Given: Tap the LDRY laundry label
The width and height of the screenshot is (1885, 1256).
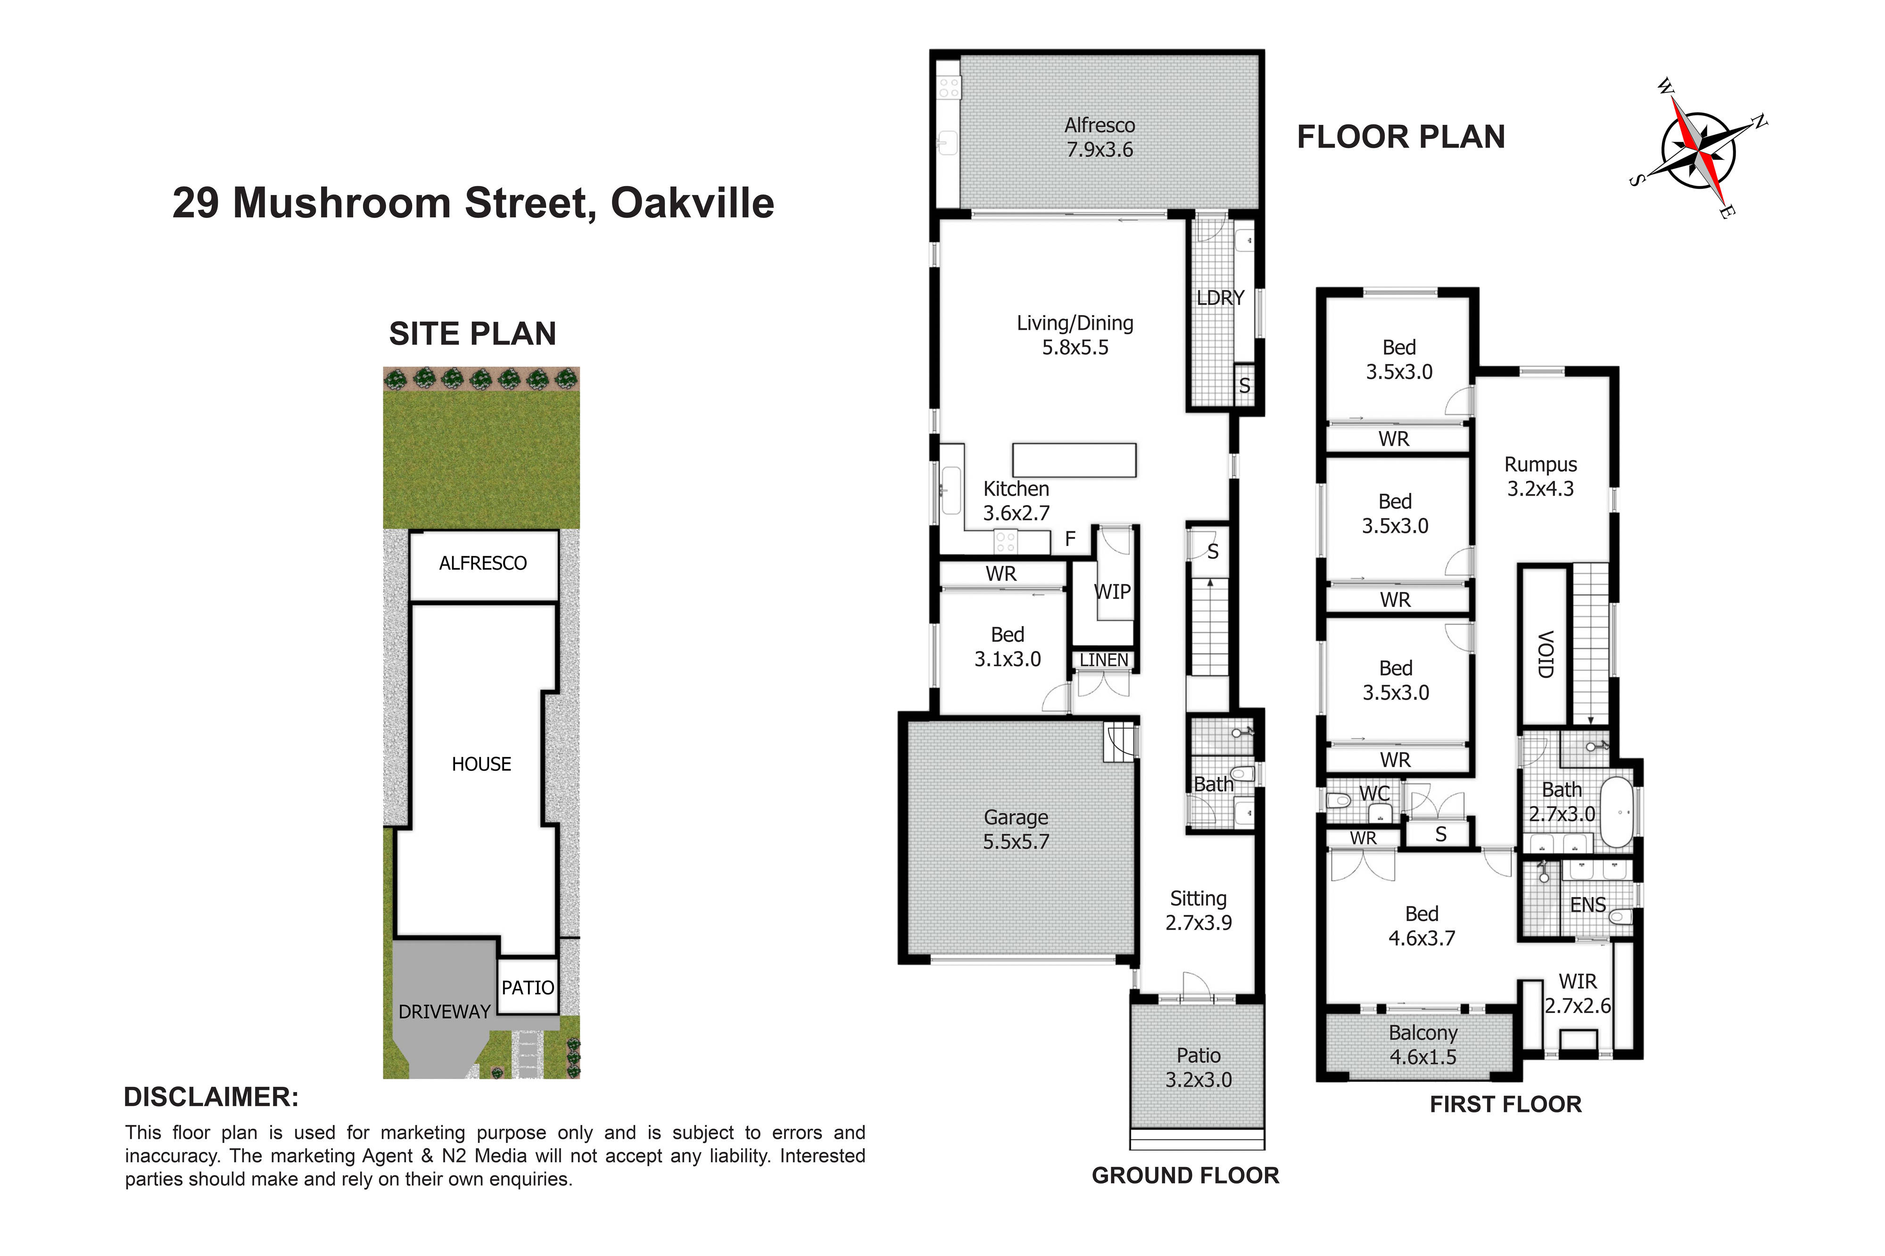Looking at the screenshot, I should pyautogui.click(x=1220, y=298).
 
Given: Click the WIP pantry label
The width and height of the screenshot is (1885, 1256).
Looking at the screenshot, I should pyautogui.click(x=1112, y=592).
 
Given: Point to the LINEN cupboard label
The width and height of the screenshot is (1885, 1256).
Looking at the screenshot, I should pyautogui.click(x=1104, y=660).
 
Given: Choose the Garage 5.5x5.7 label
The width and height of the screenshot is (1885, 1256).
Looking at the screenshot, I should pyautogui.click(x=1016, y=829).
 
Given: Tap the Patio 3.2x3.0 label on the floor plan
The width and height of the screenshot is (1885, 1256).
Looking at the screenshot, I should pyautogui.click(x=1198, y=1067).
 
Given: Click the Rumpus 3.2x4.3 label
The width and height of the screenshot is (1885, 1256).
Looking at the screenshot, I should pyautogui.click(x=1540, y=477).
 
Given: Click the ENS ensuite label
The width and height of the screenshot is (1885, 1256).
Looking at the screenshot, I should pyautogui.click(x=1587, y=905).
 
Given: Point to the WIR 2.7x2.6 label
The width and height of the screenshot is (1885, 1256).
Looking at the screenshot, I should pyautogui.click(x=1577, y=993).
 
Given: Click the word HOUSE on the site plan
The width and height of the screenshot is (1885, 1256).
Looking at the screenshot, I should pyautogui.click(x=481, y=764).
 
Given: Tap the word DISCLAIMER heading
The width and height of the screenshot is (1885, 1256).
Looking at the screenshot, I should pyautogui.click(x=211, y=1097).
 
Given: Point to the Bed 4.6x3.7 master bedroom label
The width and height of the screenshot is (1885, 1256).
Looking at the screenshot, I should pyautogui.click(x=1422, y=926).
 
